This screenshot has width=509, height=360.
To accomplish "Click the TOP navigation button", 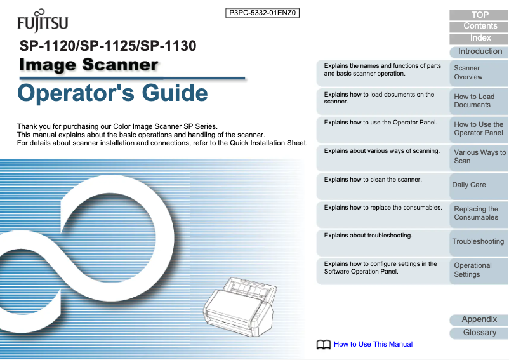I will pyautogui.click(x=480, y=15).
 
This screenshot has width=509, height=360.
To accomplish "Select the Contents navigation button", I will pyautogui.click(x=480, y=26).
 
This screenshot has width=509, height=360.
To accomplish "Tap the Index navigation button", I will pyautogui.click(x=480, y=38).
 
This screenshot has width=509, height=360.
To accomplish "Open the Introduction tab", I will pyautogui.click(x=480, y=51).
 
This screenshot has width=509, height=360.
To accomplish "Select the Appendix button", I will pyautogui.click(x=479, y=319).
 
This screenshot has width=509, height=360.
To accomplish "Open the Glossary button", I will pyautogui.click(x=479, y=332).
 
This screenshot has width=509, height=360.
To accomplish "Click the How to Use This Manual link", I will pyautogui.click(x=373, y=344).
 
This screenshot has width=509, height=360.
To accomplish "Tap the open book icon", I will pyautogui.click(x=324, y=344).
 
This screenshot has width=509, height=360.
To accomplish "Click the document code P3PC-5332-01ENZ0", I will pyautogui.click(x=263, y=12).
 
